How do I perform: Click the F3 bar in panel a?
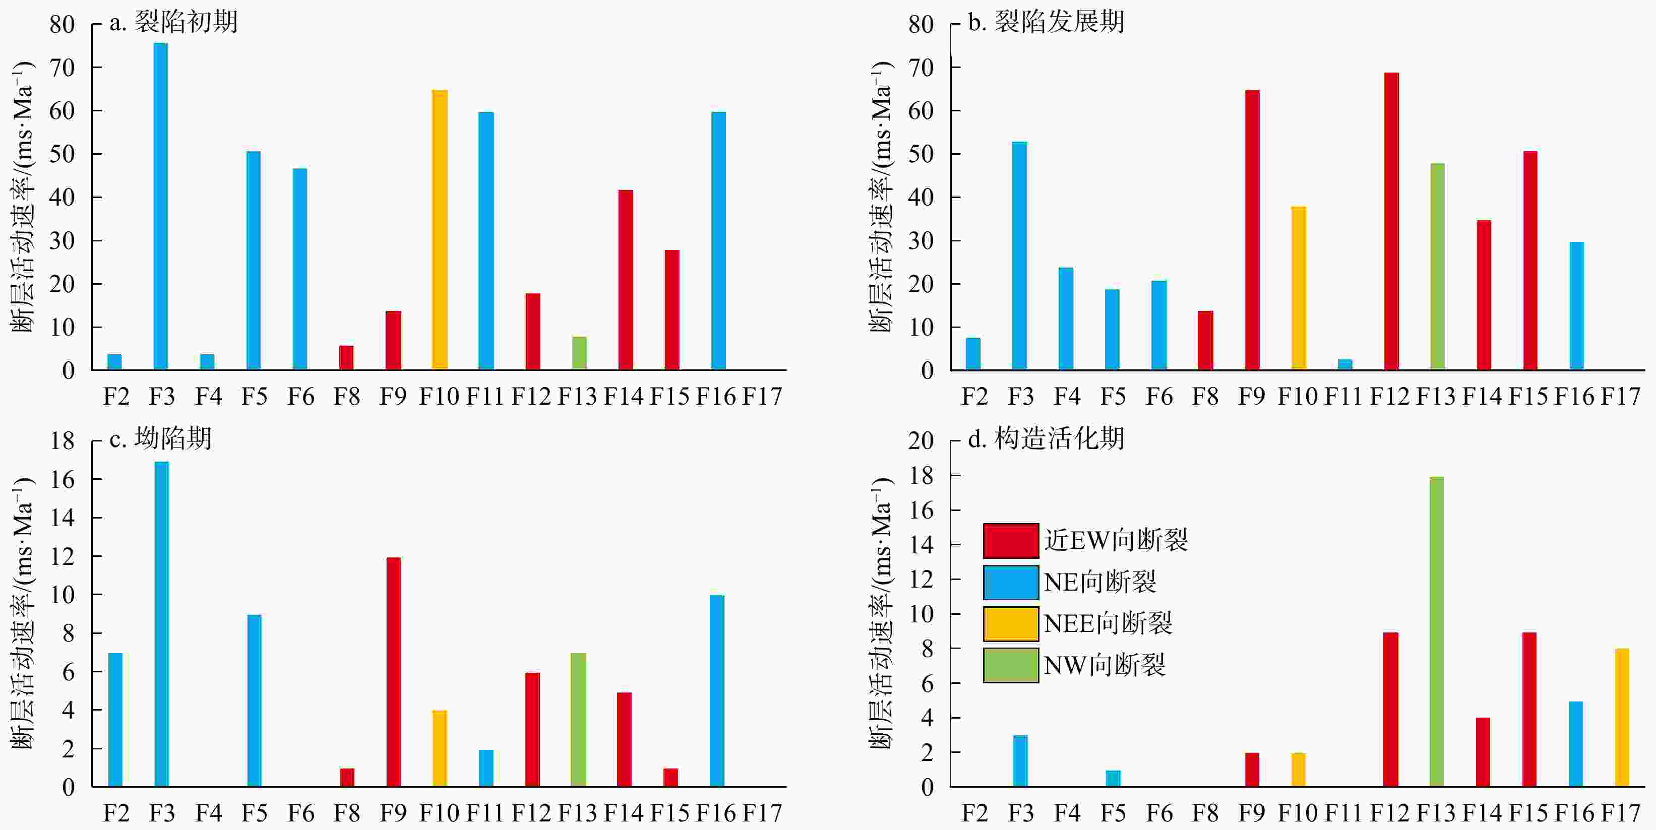point(161,206)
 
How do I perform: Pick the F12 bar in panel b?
point(1390,221)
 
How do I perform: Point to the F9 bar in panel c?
point(393,671)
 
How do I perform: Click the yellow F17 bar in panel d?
point(1622,718)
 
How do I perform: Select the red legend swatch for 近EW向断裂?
point(1011,540)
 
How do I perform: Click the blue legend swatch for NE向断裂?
point(1011,582)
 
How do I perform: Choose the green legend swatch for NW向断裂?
point(1011,665)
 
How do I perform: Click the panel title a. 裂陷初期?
point(173,23)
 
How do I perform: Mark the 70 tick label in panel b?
point(921,68)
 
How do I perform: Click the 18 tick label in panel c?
point(63,440)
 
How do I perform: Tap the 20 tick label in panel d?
point(921,440)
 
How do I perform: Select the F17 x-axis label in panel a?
point(762,397)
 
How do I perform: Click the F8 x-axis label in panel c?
point(346,813)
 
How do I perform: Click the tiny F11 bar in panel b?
point(1345,364)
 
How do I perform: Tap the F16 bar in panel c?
point(717,690)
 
